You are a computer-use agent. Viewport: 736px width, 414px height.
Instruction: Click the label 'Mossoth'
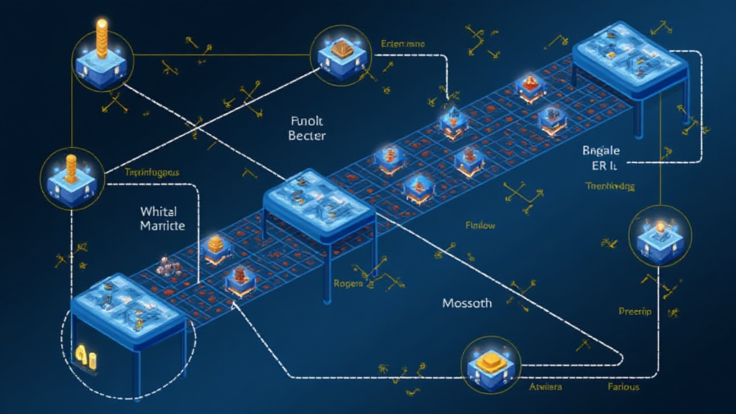(467, 303)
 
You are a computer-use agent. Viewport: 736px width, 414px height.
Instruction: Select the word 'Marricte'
(163, 226)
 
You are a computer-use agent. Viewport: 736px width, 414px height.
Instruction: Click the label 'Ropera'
(351, 283)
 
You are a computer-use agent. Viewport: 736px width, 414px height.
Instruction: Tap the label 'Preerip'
(635, 311)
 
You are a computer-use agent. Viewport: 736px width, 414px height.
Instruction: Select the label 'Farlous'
(619, 387)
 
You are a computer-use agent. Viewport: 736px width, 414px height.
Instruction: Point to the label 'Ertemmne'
(402, 44)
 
